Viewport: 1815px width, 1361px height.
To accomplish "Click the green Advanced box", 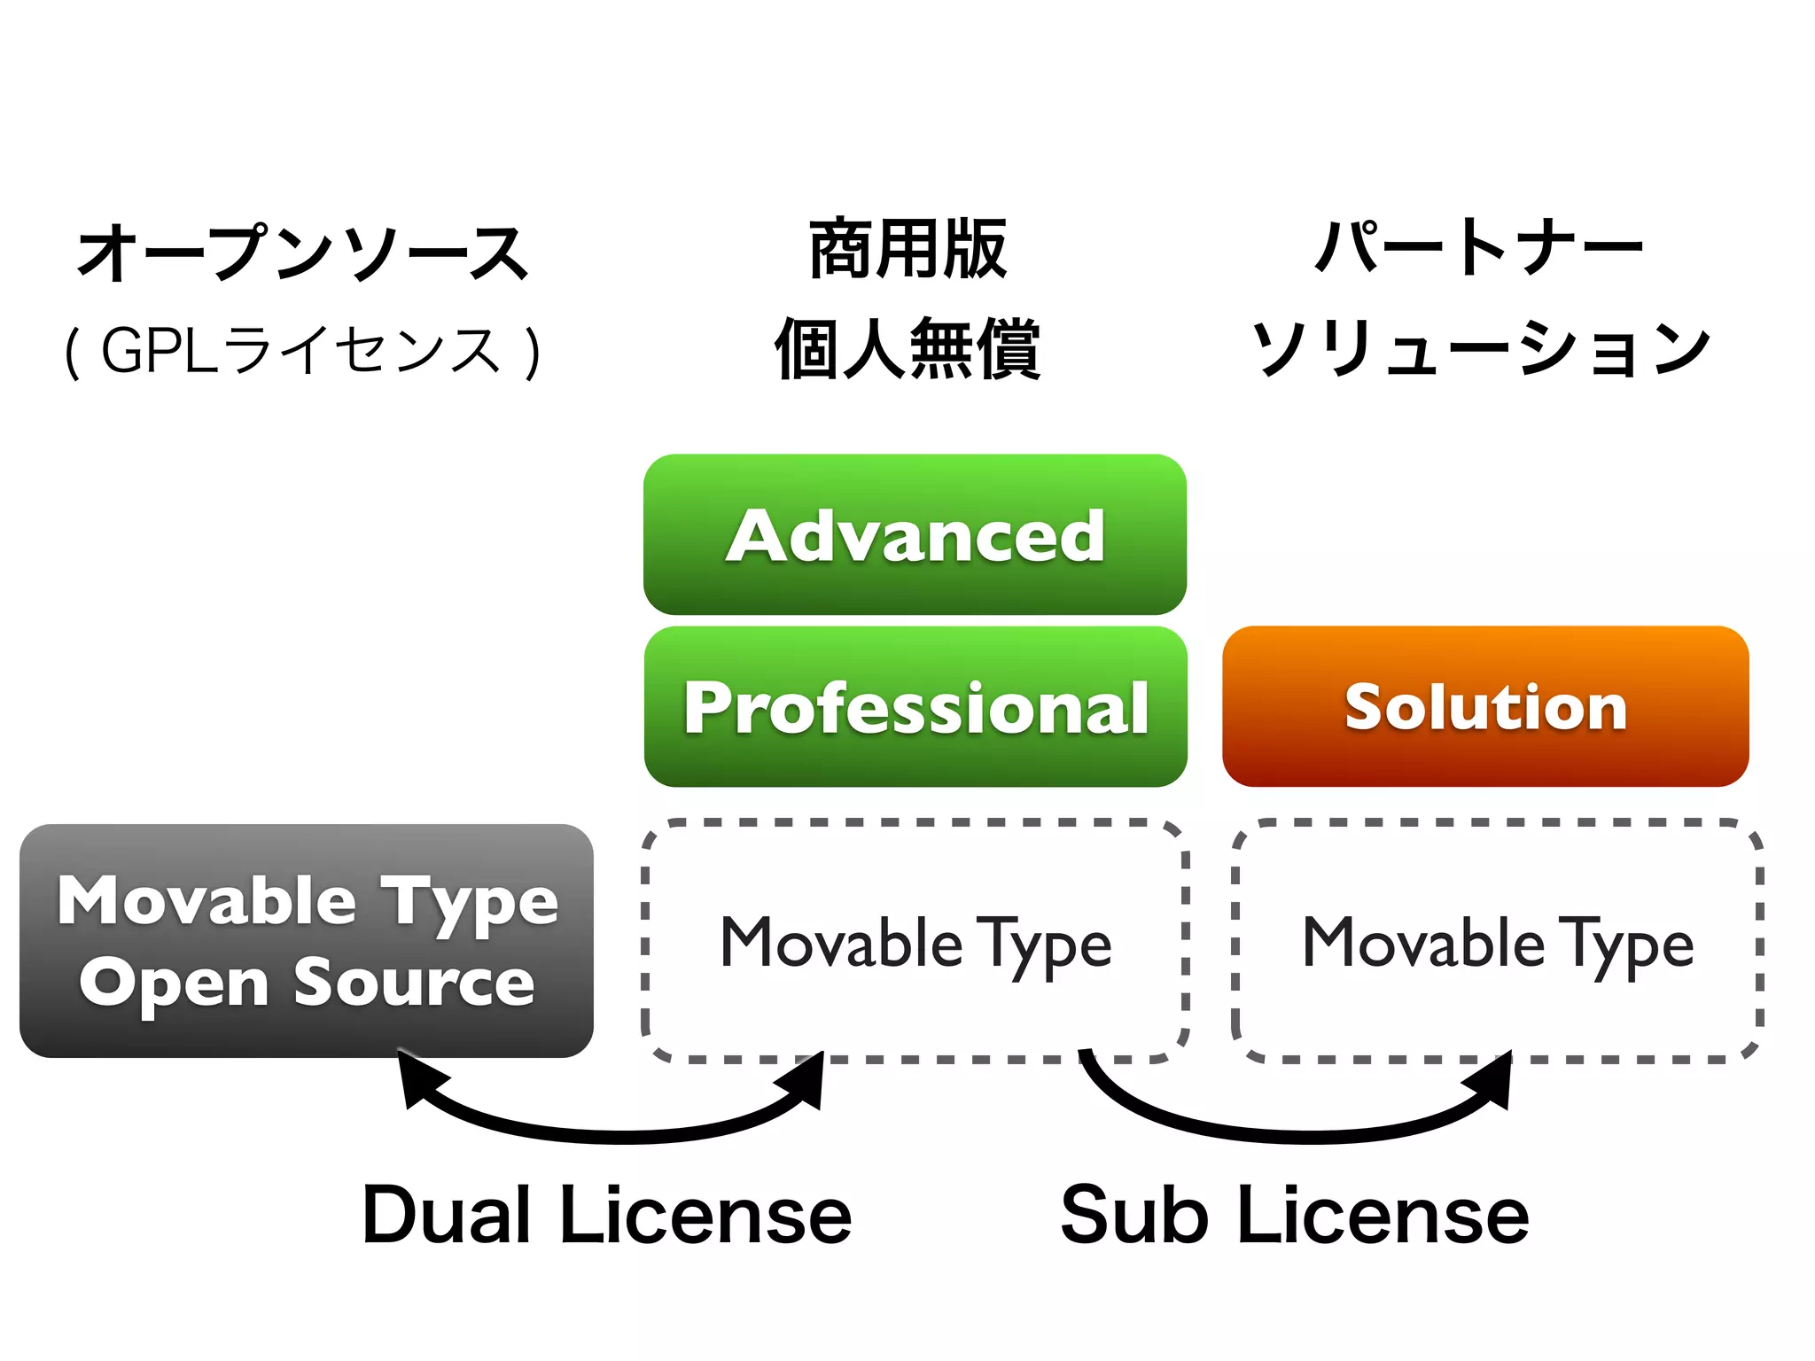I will [915, 534].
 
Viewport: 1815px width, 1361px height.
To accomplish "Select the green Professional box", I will [915, 706].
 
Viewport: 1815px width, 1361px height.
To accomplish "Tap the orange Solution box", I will [1485, 706].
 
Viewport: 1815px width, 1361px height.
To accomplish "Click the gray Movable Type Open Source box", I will [306, 940].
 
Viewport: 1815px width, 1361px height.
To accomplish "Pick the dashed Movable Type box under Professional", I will [915, 941].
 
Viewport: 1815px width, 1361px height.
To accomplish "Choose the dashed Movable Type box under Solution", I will [1498, 941].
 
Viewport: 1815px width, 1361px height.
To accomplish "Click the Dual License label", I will [607, 1215].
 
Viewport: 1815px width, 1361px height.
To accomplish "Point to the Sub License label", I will [1295, 1215].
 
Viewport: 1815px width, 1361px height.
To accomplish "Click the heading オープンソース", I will [304, 253].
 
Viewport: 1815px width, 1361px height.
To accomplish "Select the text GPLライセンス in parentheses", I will [302, 351].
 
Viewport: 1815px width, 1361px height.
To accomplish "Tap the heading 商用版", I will [908, 250].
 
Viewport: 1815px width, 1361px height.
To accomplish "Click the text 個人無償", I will [908, 350].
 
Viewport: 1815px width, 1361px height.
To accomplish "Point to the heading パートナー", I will [1478, 248].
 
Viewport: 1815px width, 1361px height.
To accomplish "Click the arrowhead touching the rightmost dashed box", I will [1496, 1077].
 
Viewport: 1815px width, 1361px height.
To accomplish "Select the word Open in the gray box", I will [174, 984].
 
